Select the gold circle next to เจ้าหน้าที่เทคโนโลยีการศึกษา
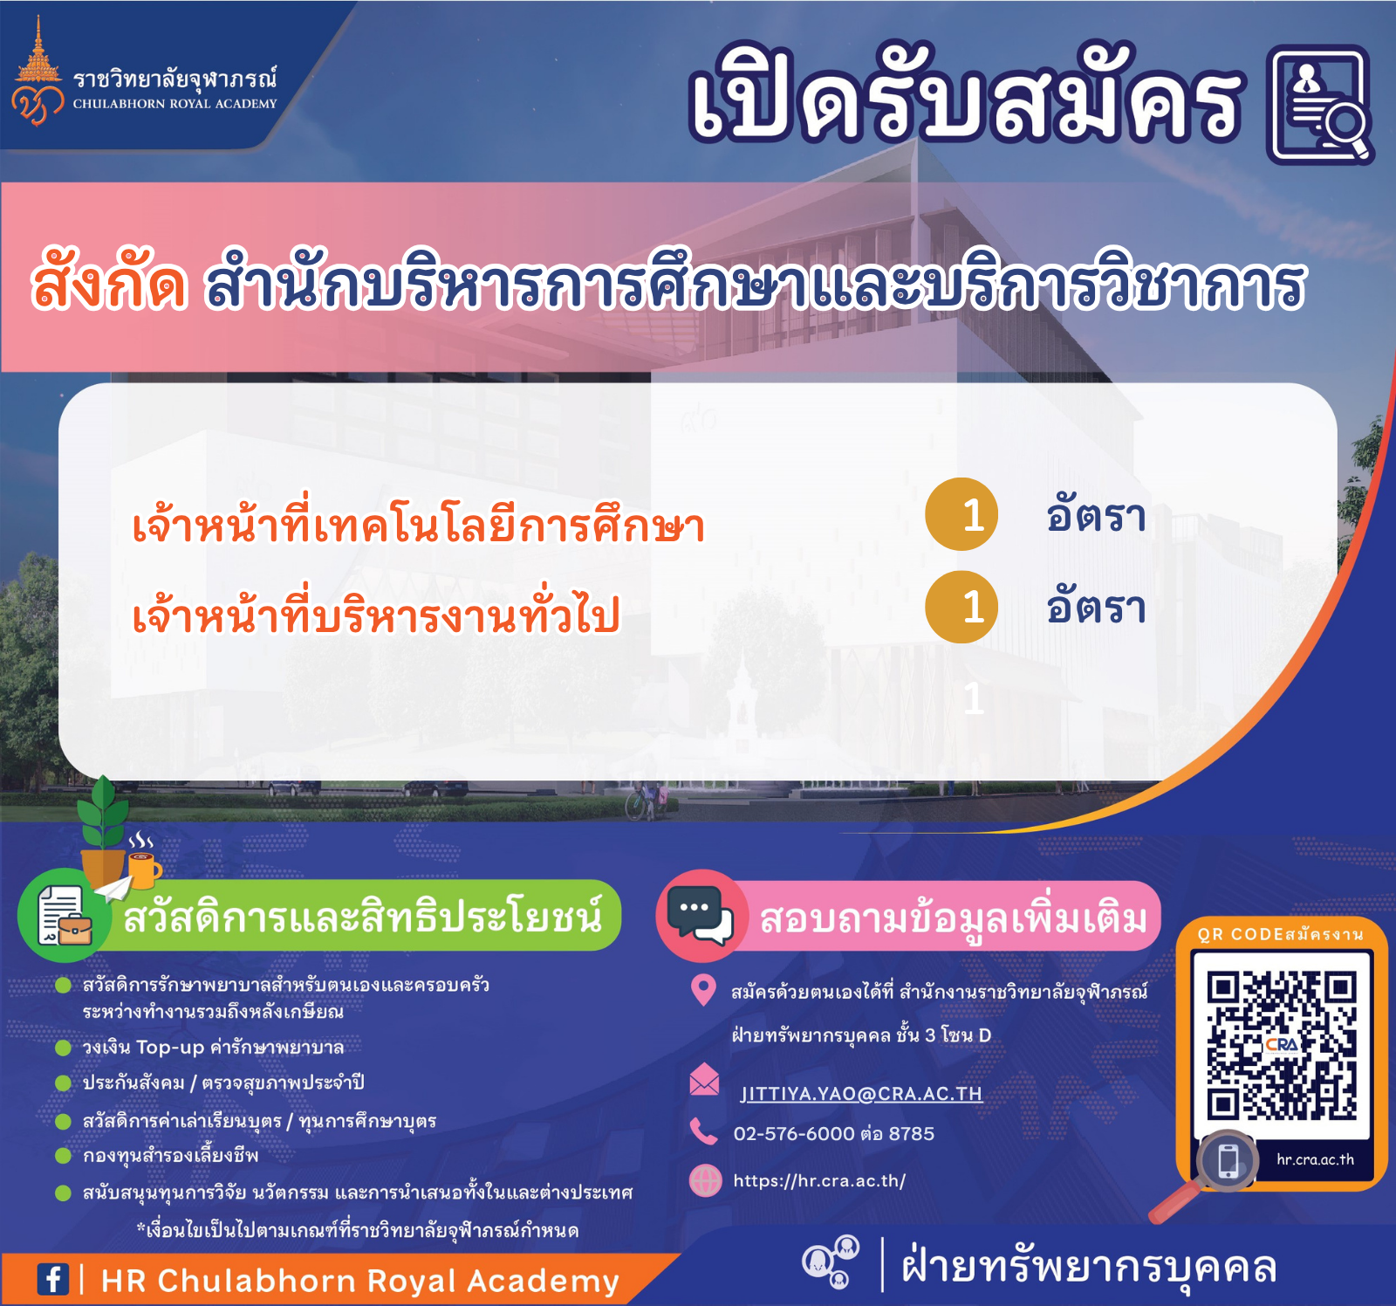(961, 514)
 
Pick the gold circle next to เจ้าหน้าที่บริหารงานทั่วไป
(961, 607)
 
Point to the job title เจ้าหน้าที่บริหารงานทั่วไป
(376, 613)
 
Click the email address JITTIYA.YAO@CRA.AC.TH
(861, 1094)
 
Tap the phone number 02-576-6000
(794, 1134)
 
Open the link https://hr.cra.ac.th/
(819, 1181)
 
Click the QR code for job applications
(1282, 1045)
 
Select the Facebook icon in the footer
(52, 1280)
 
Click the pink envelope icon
(704, 1080)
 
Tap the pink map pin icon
(703, 991)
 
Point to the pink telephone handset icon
(703, 1131)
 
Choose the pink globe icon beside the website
(705, 1180)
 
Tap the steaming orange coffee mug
(144, 868)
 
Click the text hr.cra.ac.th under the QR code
(1315, 1159)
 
